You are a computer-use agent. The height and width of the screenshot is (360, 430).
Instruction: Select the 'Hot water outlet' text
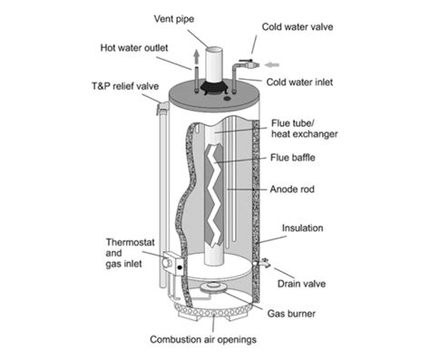[138, 48]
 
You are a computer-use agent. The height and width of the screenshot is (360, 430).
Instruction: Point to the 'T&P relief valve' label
[125, 87]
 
